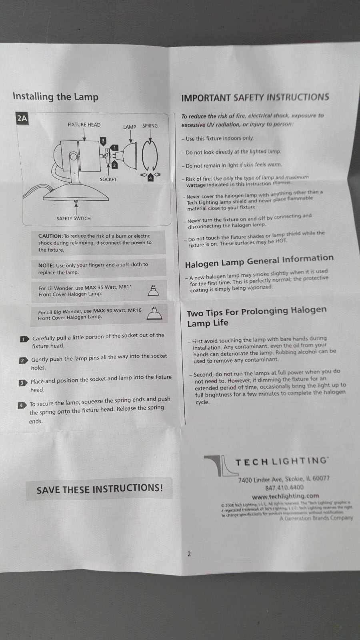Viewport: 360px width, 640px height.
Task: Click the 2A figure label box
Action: (x=22, y=118)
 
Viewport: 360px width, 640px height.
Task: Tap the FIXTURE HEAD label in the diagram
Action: (x=84, y=125)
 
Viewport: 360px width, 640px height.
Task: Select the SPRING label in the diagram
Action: (x=150, y=126)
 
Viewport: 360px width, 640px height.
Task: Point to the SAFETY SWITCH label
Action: (x=74, y=218)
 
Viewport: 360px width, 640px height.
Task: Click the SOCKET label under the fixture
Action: (x=108, y=179)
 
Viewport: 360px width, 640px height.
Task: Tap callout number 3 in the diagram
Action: (x=103, y=140)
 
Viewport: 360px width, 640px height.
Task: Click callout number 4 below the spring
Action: (x=150, y=178)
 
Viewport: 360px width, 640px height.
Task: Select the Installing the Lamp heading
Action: (x=55, y=97)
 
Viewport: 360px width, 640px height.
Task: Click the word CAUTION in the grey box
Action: (x=50, y=236)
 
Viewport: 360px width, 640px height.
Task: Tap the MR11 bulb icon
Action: (x=153, y=290)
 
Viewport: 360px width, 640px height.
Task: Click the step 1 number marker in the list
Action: (x=24, y=339)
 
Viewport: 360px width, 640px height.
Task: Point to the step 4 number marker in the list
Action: (x=22, y=405)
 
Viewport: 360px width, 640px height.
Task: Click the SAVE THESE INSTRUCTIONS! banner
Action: (x=100, y=488)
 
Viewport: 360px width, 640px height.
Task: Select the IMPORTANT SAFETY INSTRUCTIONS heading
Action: (x=255, y=97)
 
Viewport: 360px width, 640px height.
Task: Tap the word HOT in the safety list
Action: (x=281, y=241)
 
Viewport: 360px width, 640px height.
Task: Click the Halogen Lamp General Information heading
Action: (x=259, y=261)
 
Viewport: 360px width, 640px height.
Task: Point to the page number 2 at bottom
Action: (x=189, y=554)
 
